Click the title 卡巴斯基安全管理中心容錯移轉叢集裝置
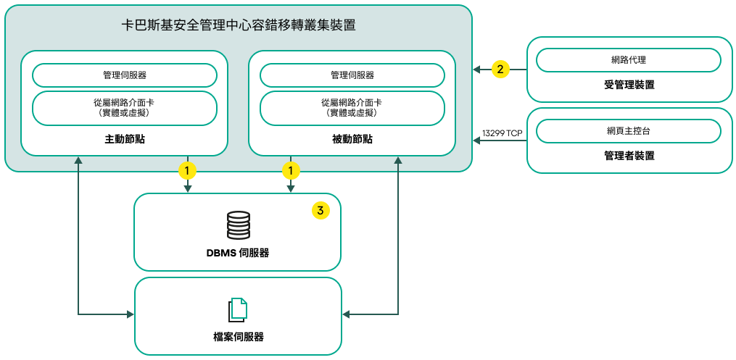click(239, 25)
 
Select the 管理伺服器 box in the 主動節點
click(125, 75)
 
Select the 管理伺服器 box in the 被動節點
click(352, 75)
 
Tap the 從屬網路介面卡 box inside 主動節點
click(125, 108)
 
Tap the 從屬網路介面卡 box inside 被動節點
click(352, 108)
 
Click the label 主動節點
click(125, 139)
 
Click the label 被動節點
click(352, 139)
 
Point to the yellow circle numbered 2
click(500, 70)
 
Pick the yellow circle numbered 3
click(321, 210)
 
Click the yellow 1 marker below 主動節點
click(188, 171)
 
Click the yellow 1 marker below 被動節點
click(291, 171)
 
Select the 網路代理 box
click(629, 60)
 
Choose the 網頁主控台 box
click(629, 131)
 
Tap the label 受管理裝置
click(629, 85)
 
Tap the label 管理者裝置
click(629, 156)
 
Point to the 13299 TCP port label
click(502, 133)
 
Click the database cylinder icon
click(238, 225)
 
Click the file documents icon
click(238, 309)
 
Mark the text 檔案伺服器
click(238, 337)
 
